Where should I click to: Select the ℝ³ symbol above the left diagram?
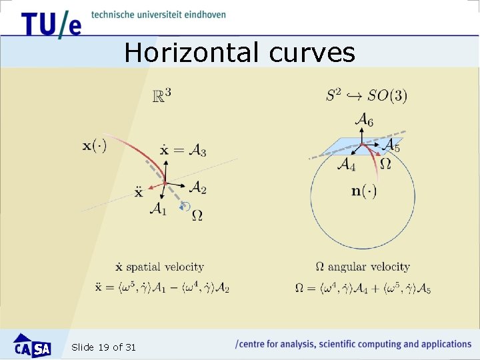click(162, 96)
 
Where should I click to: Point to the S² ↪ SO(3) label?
click(366, 95)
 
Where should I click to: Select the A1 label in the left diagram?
click(158, 209)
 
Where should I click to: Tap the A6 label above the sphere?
click(364, 119)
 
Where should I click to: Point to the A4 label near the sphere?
click(346, 164)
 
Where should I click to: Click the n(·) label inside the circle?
click(364, 192)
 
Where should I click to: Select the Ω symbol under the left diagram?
click(197, 215)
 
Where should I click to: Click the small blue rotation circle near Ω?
click(186, 207)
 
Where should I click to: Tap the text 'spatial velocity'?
click(165, 267)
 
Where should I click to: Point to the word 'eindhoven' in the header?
click(203, 14)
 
